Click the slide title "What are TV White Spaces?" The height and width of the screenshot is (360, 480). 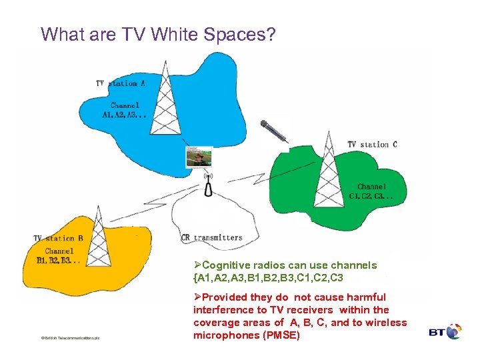pos(157,33)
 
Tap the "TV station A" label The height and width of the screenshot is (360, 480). pos(121,83)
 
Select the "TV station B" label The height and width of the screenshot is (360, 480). pos(59,238)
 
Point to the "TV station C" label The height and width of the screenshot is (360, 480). pos(373,144)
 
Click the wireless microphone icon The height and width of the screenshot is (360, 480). pos(273,131)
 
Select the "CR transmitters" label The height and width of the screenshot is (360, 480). pos(212,237)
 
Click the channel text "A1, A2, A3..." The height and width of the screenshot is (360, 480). pos(125,115)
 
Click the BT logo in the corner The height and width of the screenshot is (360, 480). pos(445,331)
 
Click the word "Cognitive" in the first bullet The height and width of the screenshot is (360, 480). pos(225,265)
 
